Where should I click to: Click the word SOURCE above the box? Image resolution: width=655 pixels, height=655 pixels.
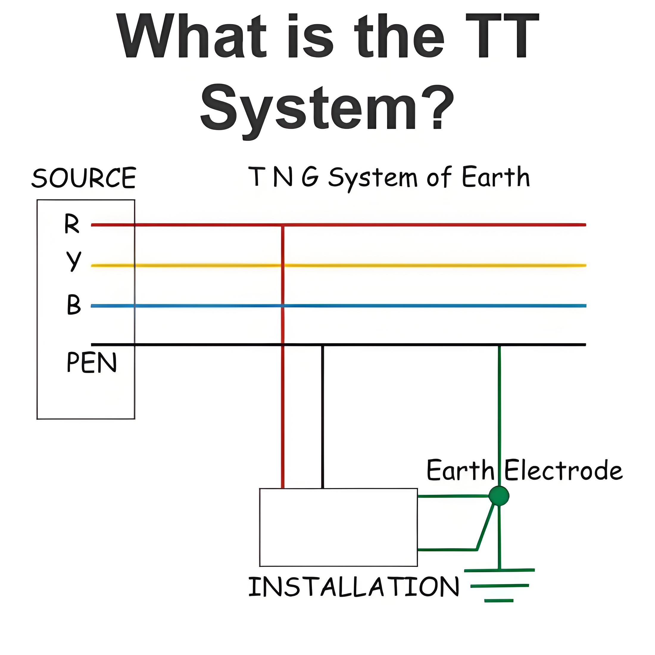click(84, 178)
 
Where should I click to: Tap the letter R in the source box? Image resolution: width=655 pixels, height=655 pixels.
click(71, 224)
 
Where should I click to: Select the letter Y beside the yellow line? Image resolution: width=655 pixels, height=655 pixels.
click(74, 261)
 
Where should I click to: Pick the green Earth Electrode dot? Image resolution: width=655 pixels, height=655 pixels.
click(499, 496)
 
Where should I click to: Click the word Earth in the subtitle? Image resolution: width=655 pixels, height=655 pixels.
click(496, 177)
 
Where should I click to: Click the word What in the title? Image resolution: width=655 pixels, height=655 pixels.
click(191, 36)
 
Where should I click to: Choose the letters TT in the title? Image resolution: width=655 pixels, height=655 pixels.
click(502, 36)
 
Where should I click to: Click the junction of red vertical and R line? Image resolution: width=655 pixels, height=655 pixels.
click(283, 225)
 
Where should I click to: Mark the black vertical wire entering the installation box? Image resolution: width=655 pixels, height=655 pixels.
click(322, 417)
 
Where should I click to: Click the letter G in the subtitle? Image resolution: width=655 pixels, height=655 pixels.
click(310, 176)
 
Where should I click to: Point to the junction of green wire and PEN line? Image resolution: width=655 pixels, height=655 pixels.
click(499, 345)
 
